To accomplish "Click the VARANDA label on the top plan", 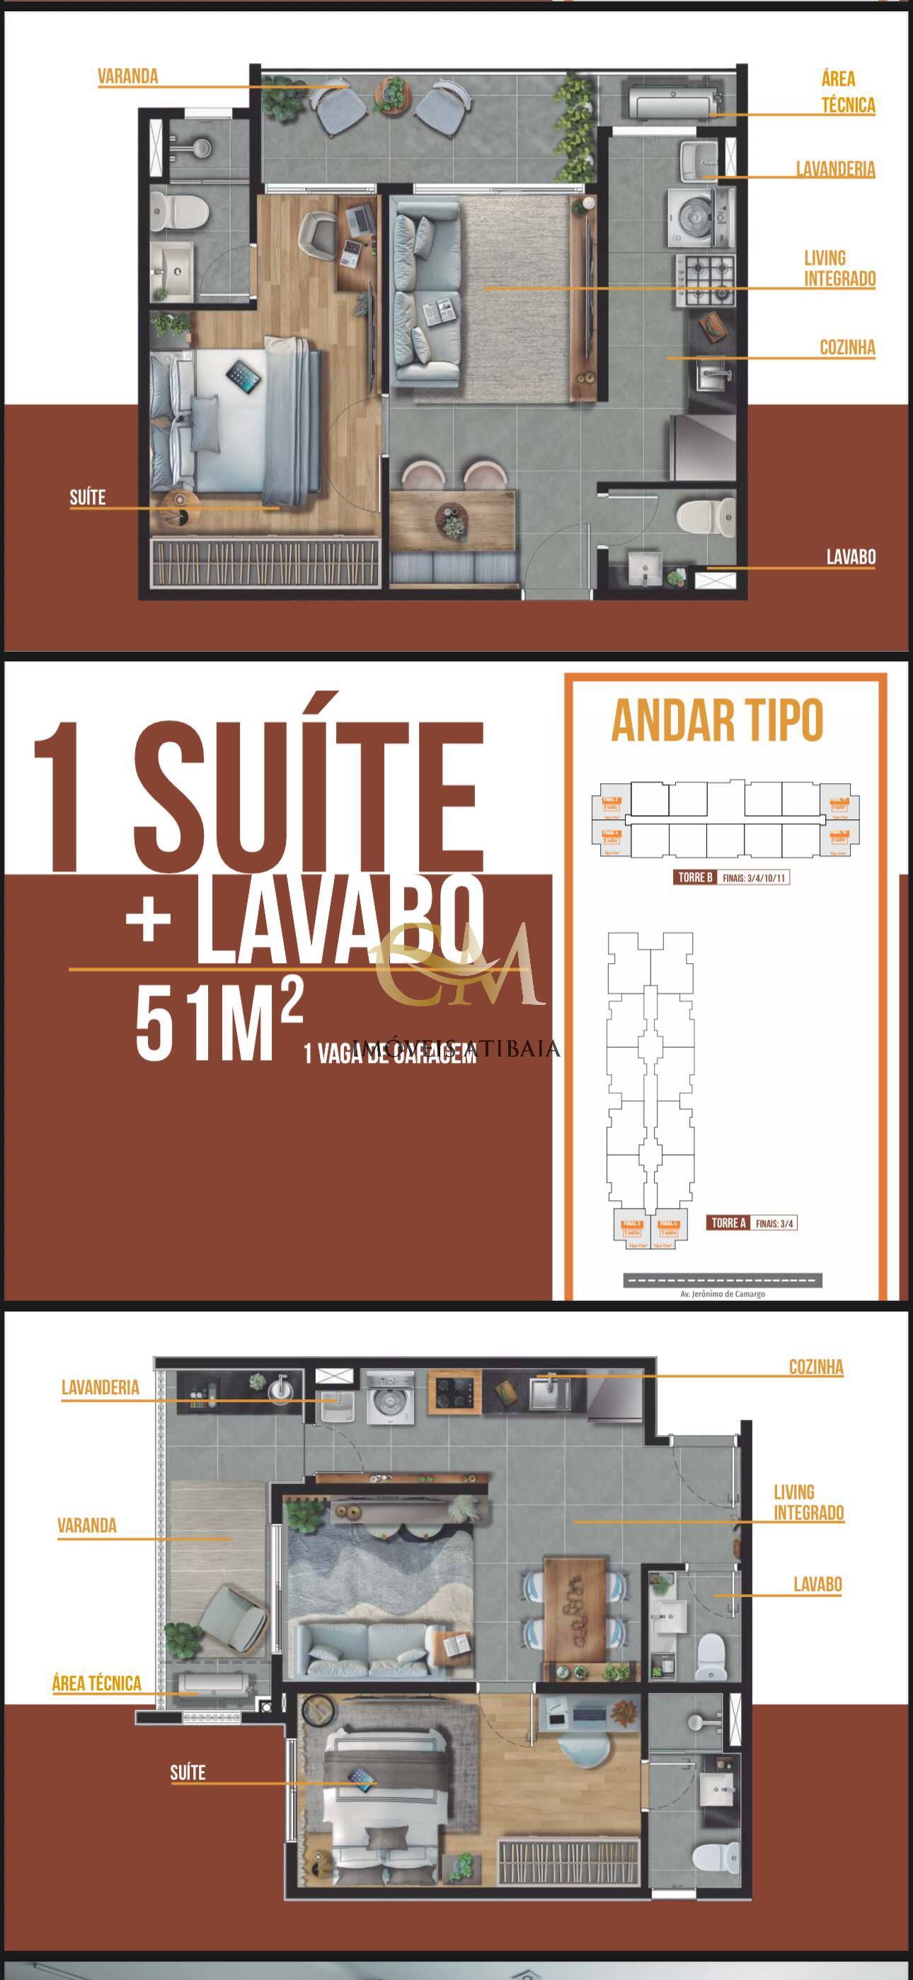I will coord(127,76).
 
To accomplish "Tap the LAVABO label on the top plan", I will coord(850,557).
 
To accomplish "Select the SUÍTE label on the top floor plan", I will coord(88,497).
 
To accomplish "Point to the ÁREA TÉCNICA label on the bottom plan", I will coord(97,1683).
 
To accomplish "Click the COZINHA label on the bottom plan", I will coord(815,1367).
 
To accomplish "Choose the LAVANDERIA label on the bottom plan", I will coord(100,1387).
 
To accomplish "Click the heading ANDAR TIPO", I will coord(716,721).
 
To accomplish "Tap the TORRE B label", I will coord(695,877).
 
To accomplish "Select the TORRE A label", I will coord(728,1222).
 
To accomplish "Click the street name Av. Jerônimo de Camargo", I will coord(723,1294).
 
